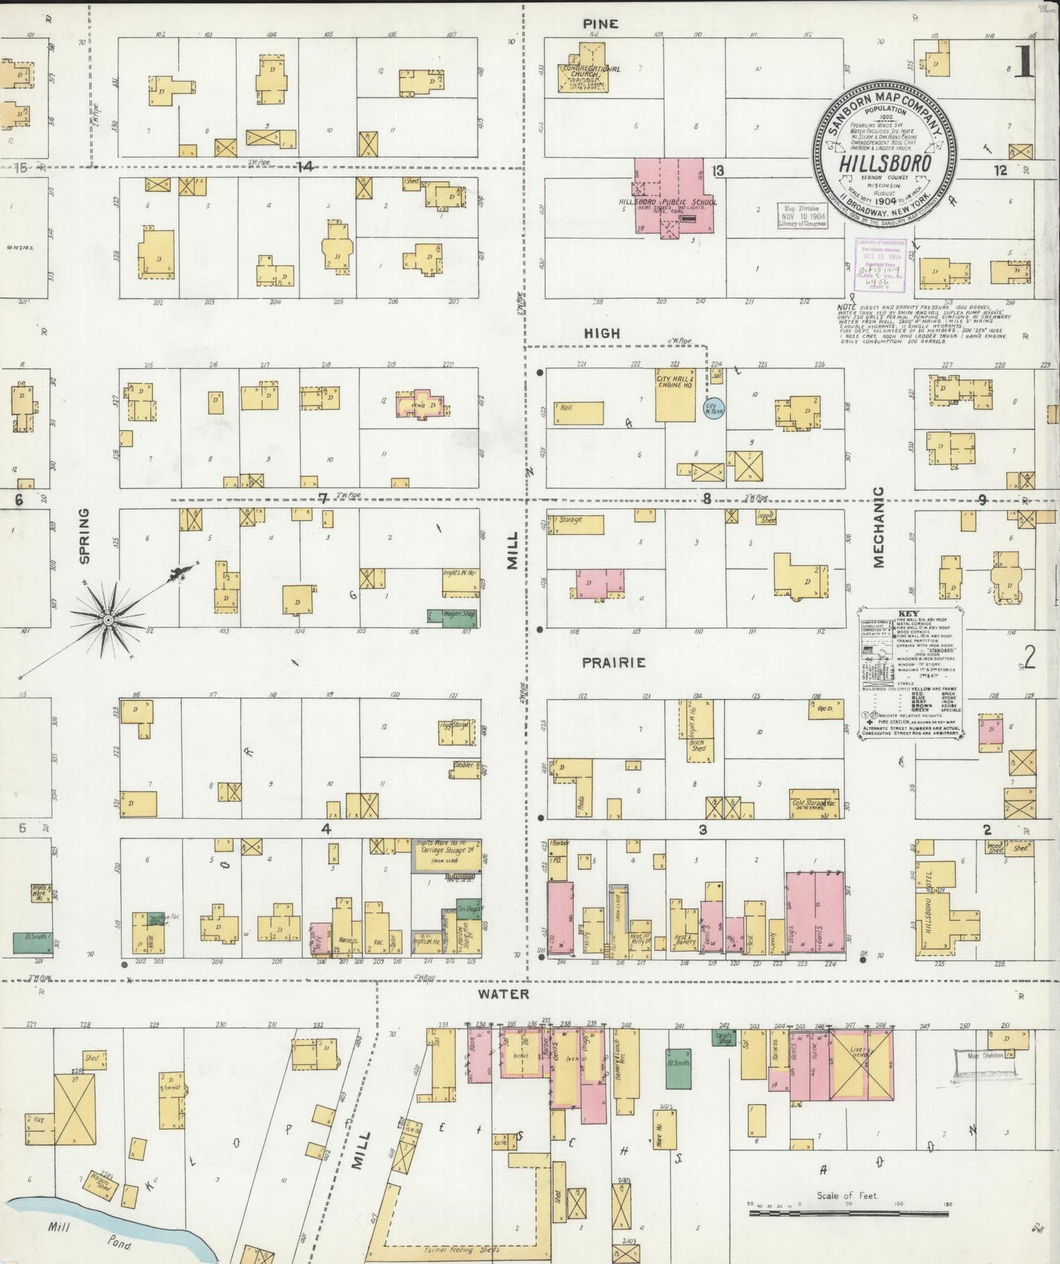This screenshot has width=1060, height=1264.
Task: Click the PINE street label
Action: [600, 24]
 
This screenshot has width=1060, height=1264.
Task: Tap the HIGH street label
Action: [602, 334]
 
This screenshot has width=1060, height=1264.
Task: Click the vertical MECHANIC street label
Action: [878, 527]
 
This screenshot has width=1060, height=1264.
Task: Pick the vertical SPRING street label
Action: [84, 536]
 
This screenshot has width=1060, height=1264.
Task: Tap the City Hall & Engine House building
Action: [675, 395]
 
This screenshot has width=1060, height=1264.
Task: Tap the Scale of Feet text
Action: [847, 1197]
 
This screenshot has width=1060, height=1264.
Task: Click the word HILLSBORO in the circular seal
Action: [885, 163]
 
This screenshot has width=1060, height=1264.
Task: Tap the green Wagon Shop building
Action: [453, 618]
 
